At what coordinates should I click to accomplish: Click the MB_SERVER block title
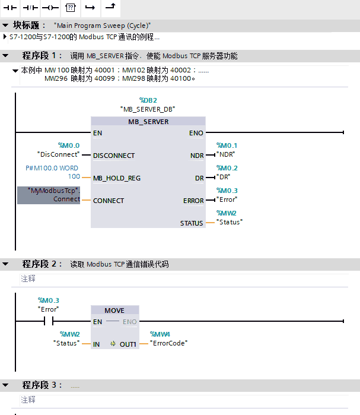point(148,122)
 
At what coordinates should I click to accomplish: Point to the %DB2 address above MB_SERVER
point(148,100)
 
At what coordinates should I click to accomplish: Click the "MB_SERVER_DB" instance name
point(148,109)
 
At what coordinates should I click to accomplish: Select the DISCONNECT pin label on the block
point(114,156)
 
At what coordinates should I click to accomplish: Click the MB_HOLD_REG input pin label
point(117,178)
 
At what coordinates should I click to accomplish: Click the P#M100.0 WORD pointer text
point(56,168)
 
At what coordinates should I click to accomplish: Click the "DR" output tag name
point(224,177)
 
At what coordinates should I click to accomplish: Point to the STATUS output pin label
point(192,223)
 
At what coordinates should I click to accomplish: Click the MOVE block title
point(114,311)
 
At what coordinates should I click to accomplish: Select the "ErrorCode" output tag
point(168,343)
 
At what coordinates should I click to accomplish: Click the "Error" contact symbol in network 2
point(48,322)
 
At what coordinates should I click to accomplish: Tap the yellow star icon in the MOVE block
point(113,344)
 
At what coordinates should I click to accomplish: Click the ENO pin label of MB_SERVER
point(195,133)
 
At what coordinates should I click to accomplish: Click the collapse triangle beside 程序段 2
point(5,264)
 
